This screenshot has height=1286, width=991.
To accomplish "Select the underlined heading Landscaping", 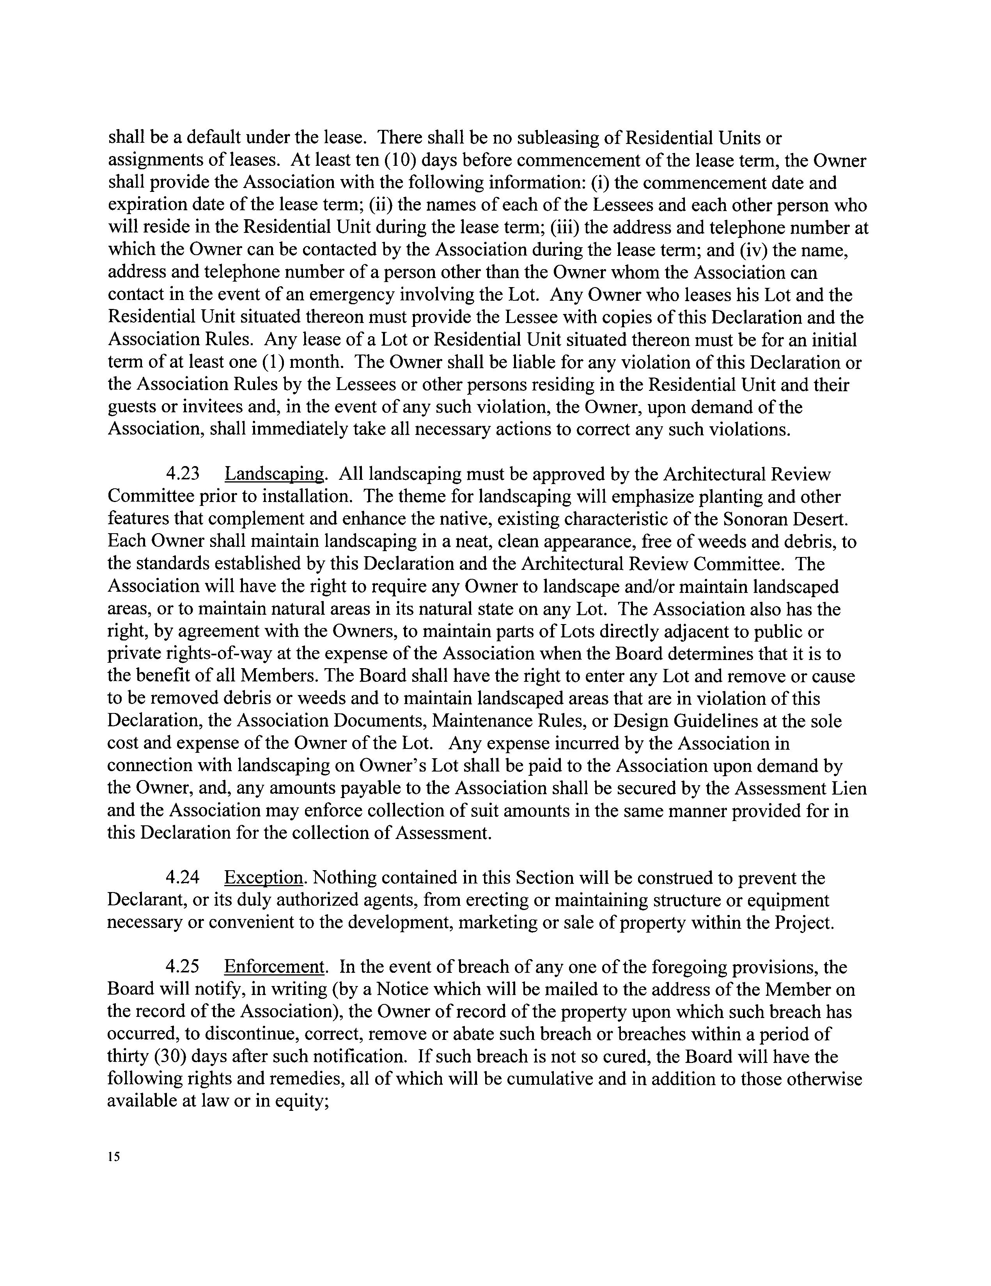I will (275, 474).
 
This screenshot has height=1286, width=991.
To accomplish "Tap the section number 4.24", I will (183, 878).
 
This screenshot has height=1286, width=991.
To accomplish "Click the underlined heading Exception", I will (264, 878).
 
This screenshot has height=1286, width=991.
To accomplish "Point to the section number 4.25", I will (183, 967).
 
